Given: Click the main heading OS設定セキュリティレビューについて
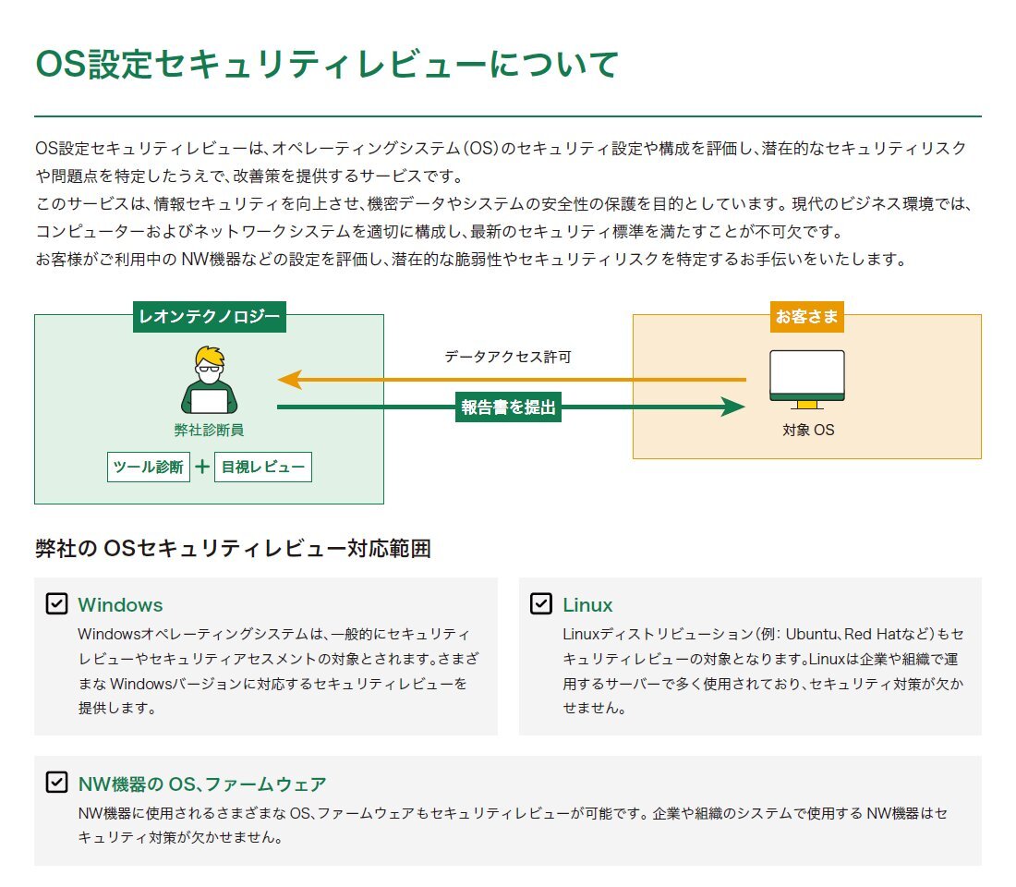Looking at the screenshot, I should [x=326, y=65].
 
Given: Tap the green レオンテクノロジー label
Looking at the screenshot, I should [x=209, y=317].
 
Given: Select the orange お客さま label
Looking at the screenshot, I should [x=807, y=317].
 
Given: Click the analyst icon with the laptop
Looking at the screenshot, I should [x=209, y=381].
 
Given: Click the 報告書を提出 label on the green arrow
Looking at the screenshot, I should [x=509, y=407].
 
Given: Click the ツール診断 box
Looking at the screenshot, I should [x=149, y=467].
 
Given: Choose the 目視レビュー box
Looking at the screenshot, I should [x=262, y=467].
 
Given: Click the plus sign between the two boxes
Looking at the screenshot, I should [x=202, y=467].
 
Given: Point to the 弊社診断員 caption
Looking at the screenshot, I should [x=209, y=430].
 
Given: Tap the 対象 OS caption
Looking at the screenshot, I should [x=808, y=430].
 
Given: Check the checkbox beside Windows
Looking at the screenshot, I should [x=56, y=604].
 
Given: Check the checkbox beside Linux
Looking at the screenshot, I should [x=541, y=604].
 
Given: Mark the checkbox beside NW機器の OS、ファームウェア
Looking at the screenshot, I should [x=56, y=784].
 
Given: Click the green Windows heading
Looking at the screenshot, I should [x=120, y=605].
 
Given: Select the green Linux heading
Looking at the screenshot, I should [x=587, y=605].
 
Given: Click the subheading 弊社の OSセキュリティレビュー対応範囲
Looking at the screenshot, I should [x=233, y=549].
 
